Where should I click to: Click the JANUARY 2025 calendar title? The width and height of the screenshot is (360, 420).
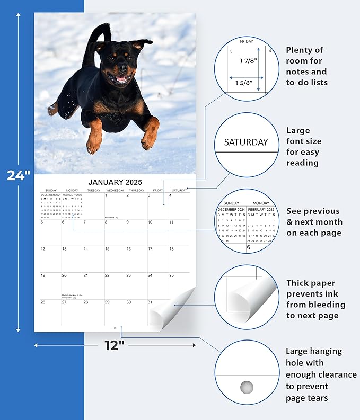115,182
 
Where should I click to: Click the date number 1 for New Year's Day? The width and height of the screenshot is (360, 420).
107,196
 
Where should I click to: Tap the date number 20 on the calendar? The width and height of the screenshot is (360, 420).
65,275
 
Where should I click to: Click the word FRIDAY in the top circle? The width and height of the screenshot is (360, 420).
247,41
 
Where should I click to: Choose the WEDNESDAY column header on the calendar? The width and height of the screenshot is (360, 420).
115,190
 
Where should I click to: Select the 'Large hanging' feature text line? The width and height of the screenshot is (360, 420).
313,351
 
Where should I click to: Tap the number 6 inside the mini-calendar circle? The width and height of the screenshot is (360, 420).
248,247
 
